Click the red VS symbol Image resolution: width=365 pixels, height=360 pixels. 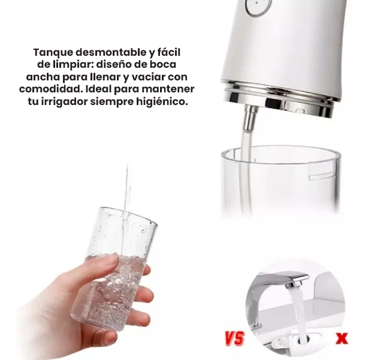[234, 338]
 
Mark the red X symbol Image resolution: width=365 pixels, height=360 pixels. [342, 338]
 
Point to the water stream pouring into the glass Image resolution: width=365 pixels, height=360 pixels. [127, 192]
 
